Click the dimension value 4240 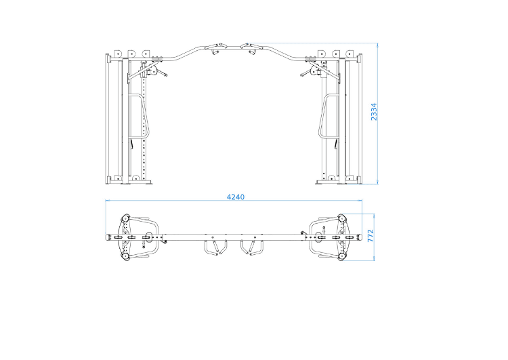click(x=235, y=197)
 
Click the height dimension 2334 click(x=373, y=112)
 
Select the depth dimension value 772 click(x=371, y=237)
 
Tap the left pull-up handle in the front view click(x=215, y=49)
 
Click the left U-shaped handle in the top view click(x=215, y=248)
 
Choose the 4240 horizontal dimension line click(x=169, y=201)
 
